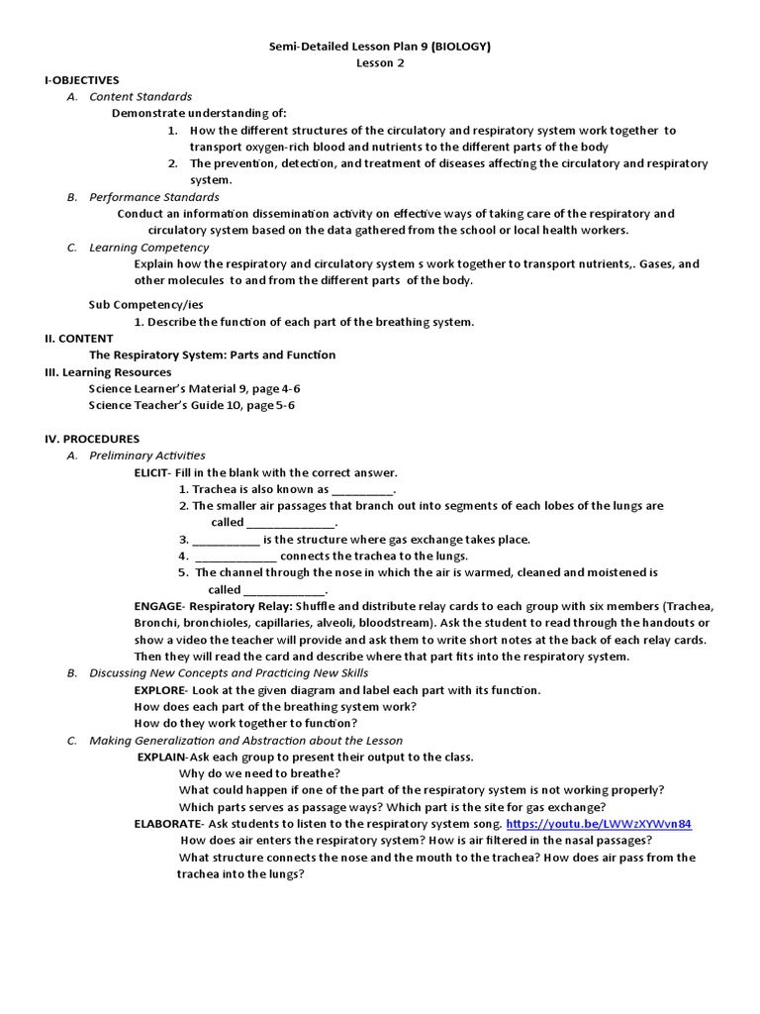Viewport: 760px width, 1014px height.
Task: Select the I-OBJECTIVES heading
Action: click(82, 80)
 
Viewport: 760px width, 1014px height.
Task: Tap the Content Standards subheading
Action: click(141, 97)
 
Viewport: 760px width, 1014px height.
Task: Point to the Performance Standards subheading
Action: click(154, 197)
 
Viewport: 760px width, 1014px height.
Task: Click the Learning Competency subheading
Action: click(149, 248)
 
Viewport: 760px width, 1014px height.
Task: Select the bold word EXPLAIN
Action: click(161, 757)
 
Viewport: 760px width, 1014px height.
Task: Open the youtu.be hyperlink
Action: click(599, 824)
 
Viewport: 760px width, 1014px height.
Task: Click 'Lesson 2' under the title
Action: click(381, 63)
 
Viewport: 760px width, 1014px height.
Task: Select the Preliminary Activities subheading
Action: click(147, 456)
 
